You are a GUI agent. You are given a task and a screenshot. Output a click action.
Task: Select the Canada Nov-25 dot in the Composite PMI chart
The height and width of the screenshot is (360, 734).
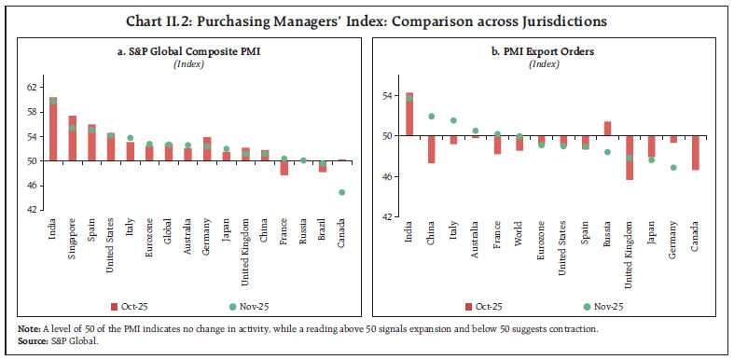pos(340,192)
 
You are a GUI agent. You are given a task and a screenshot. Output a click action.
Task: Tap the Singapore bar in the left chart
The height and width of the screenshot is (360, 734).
pos(72,138)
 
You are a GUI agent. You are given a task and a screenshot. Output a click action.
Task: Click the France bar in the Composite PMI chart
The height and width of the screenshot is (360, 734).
pos(284,168)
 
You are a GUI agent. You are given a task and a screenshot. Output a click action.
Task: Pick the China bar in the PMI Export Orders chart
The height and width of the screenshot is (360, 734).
pos(431,149)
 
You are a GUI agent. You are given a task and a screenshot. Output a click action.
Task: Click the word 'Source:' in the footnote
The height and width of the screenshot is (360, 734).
pos(21,342)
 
